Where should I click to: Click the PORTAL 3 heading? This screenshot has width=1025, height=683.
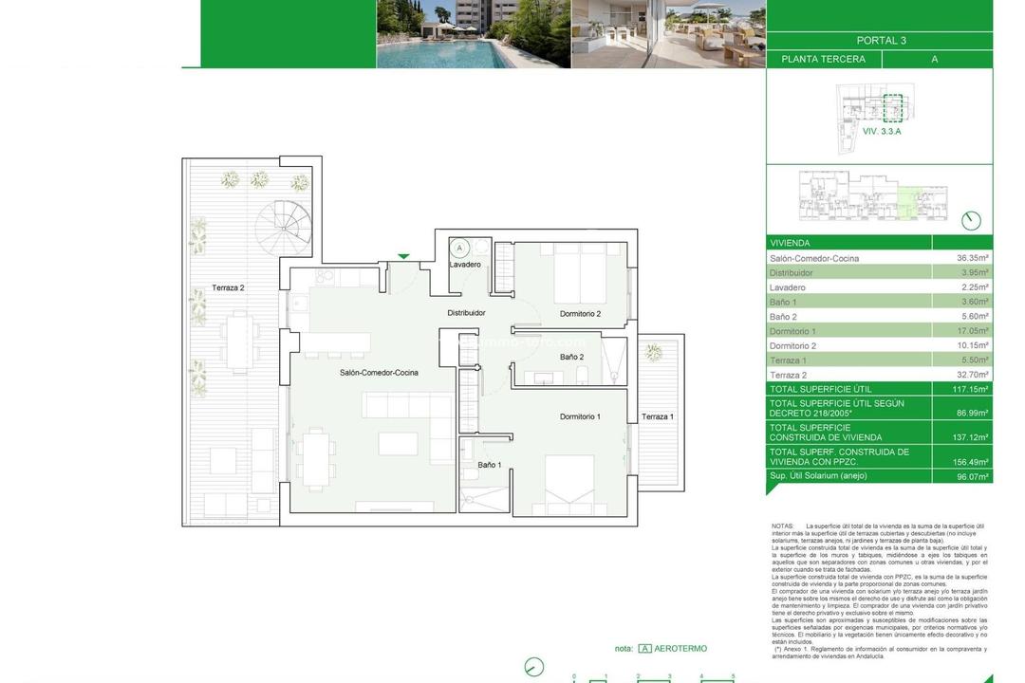(x=881, y=41)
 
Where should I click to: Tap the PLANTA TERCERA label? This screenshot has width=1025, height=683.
(x=823, y=59)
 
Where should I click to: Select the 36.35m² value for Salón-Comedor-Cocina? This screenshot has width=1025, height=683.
(x=973, y=258)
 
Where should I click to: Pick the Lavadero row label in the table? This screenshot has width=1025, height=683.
(x=788, y=287)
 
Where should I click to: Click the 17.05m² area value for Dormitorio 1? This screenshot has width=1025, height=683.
(x=973, y=331)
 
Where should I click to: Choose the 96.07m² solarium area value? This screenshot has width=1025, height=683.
(x=973, y=476)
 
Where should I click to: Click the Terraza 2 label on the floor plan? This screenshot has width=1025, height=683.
(x=228, y=287)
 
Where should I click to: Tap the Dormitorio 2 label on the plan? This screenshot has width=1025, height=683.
(x=580, y=314)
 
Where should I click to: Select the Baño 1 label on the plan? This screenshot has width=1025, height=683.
(x=490, y=465)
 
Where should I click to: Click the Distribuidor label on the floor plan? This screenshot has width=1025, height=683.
(x=466, y=312)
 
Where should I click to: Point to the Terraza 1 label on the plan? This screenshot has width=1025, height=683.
(x=658, y=417)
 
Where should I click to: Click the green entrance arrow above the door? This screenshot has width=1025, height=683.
(x=404, y=255)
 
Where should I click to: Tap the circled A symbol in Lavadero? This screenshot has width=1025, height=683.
(x=459, y=248)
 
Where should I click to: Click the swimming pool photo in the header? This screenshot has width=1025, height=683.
(x=474, y=34)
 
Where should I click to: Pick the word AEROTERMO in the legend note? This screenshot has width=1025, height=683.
(x=680, y=649)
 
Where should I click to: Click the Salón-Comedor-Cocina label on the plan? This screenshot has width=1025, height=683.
(x=379, y=373)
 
